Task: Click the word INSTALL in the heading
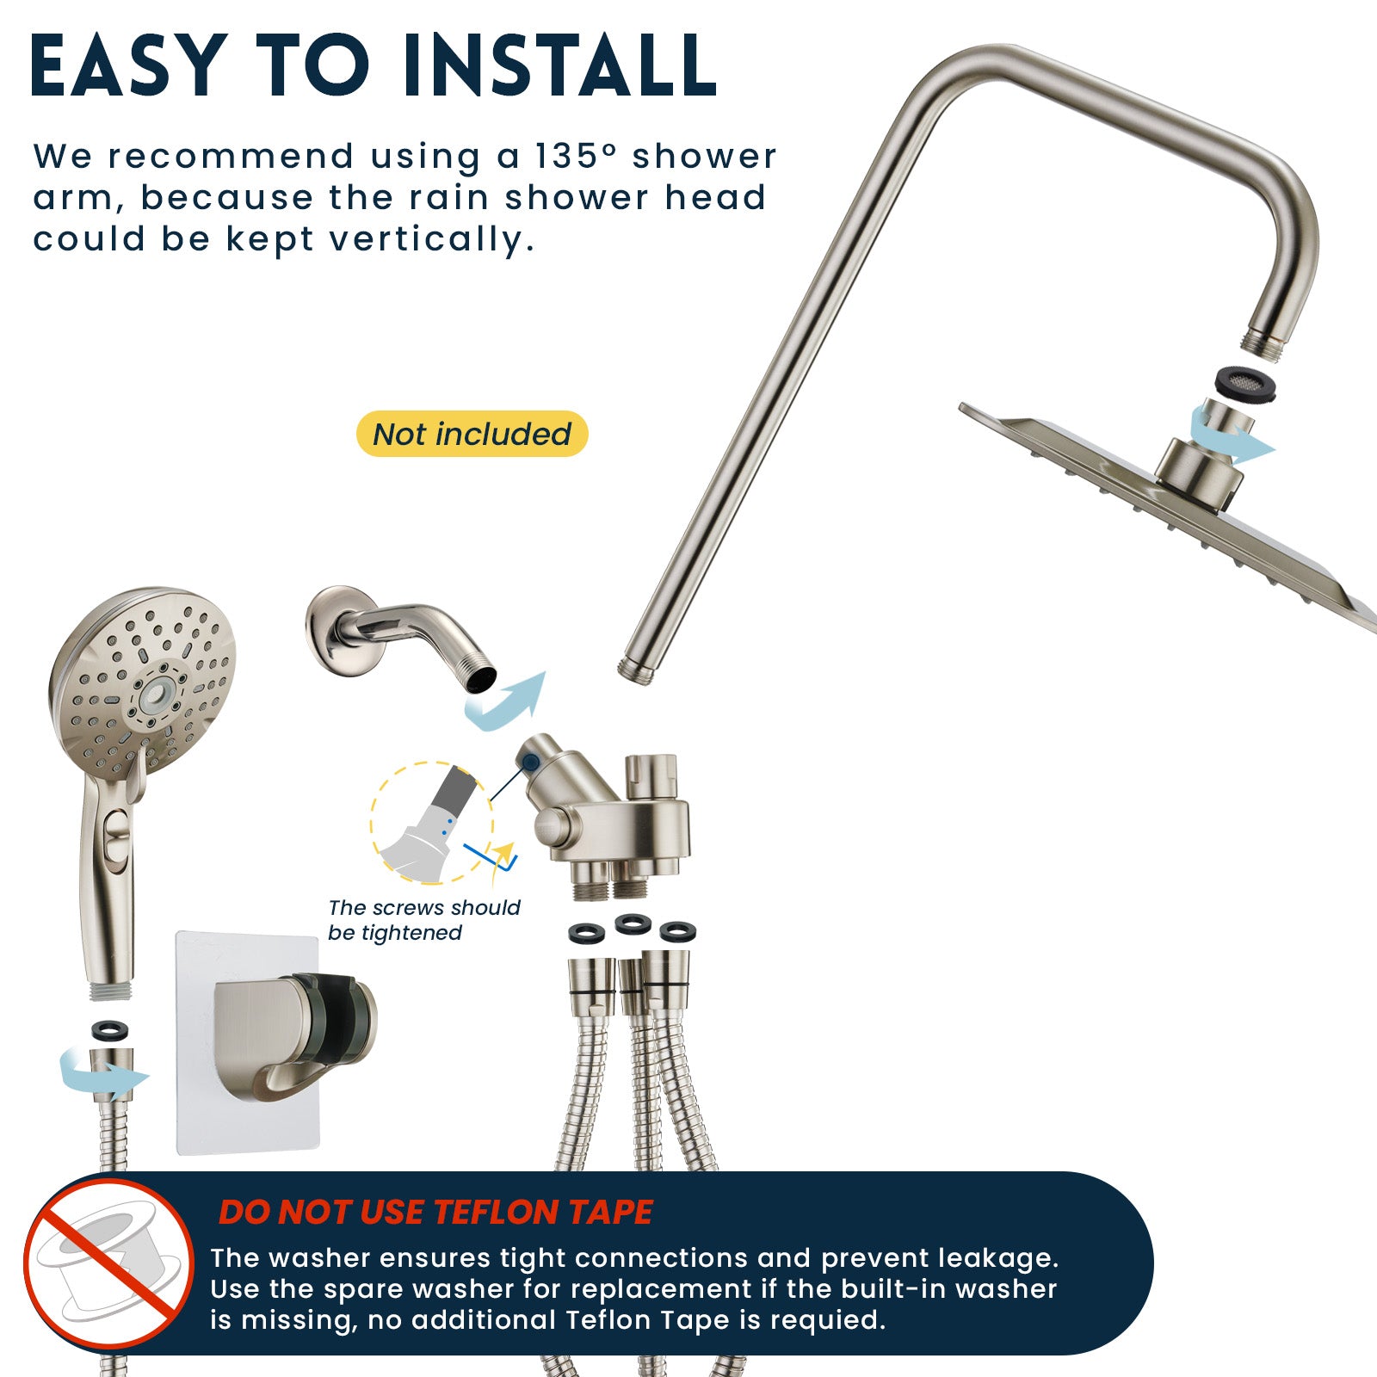coord(559,66)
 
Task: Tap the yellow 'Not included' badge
coord(472,434)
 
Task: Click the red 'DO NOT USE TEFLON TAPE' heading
coord(435,1213)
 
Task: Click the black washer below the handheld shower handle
coord(110,1030)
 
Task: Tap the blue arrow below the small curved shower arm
coord(506,701)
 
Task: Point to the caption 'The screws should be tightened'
coord(424,920)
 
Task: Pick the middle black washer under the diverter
coord(633,924)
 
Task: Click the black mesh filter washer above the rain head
coord(1238,380)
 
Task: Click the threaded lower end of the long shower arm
coord(636,670)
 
